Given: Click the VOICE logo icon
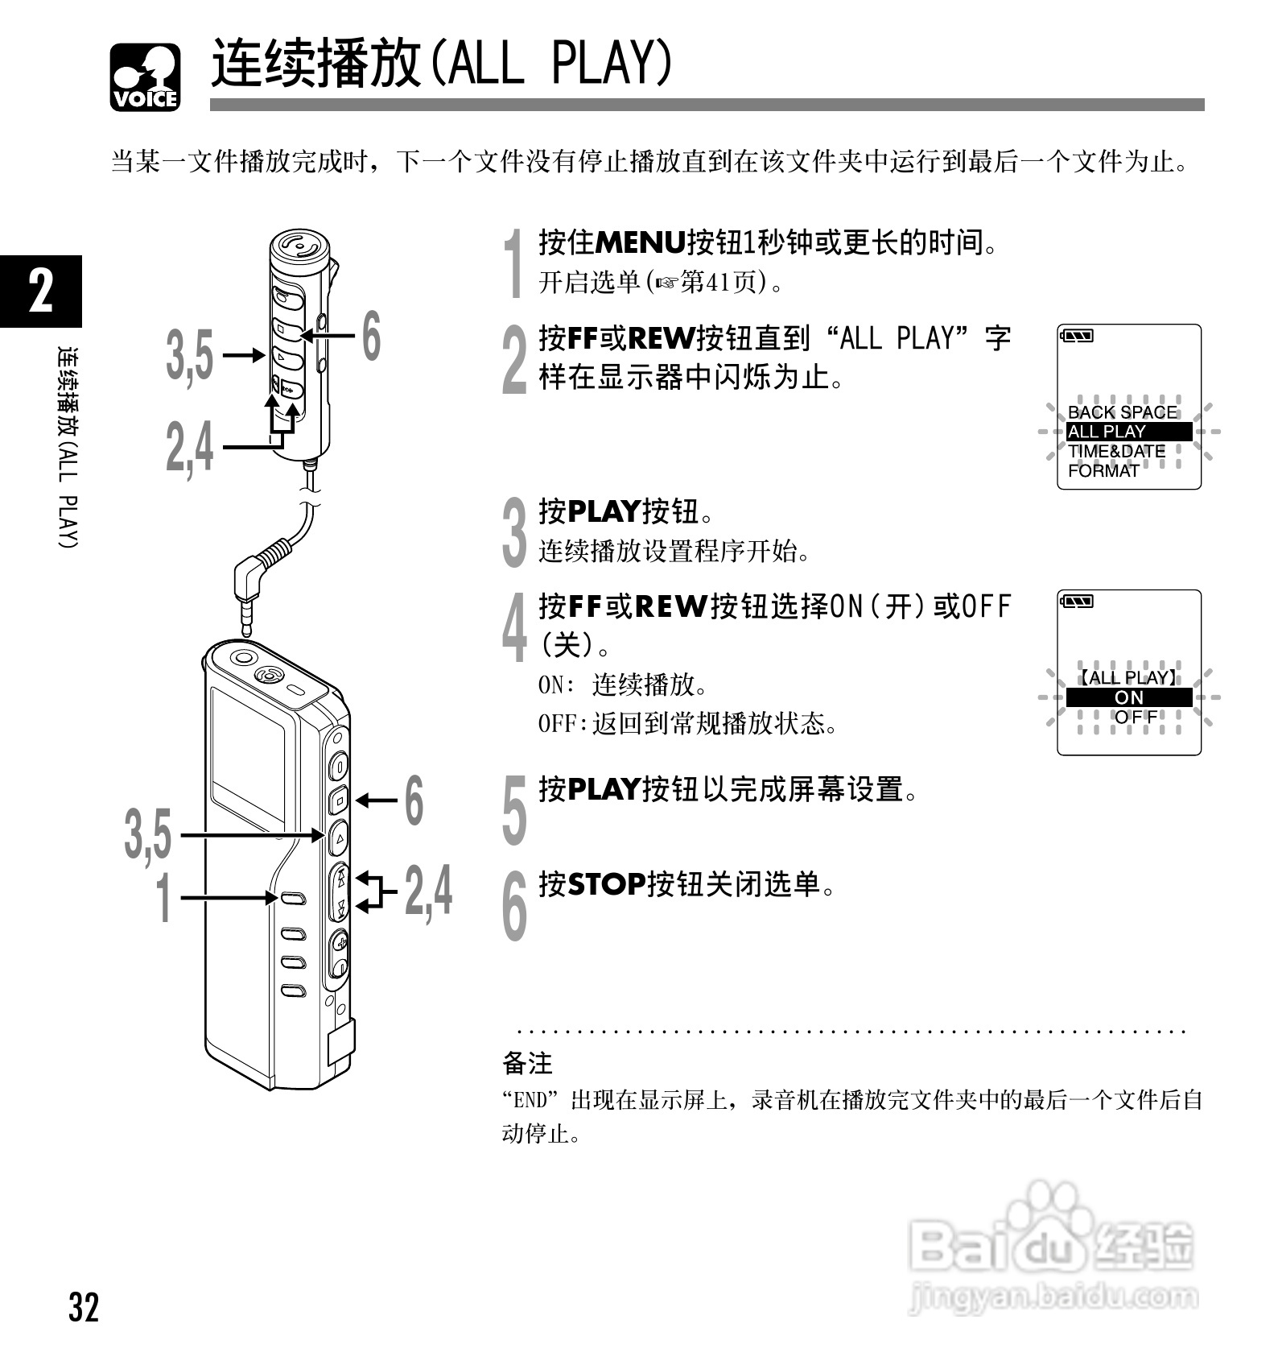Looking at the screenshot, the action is [x=146, y=77].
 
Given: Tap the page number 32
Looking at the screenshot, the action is [x=83, y=1307].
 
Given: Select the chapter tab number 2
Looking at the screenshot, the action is [x=40, y=291].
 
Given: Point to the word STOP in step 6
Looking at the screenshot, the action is [x=607, y=884].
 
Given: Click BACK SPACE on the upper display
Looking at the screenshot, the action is [x=1122, y=412].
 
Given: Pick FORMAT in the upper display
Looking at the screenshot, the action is [x=1103, y=471].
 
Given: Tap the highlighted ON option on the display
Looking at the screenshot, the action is [x=1128, y=697].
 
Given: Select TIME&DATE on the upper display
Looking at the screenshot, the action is [x=1116, y=452].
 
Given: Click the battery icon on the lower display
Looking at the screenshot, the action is [x=1078, y=602].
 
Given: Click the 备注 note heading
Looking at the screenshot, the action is [x=527, y=1063].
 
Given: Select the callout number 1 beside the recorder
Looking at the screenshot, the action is [x=163, y=897].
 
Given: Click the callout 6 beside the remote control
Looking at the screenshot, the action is [x=370, y=336].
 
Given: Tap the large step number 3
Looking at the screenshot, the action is [x=514, y=531].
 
